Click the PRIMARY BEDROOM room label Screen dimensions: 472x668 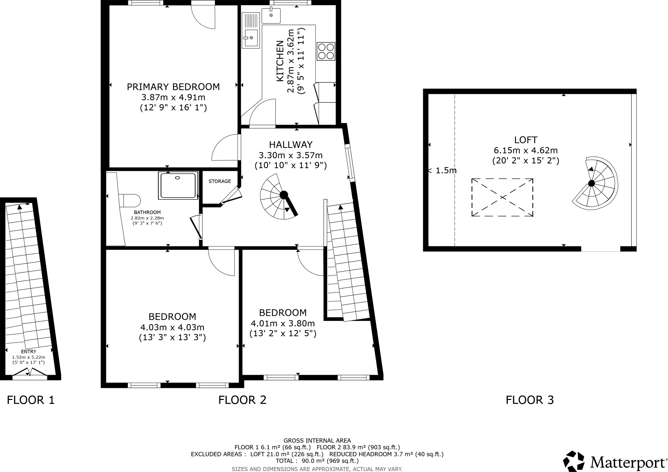pyautogui.click(x=173, y=87)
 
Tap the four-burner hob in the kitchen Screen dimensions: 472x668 pyautogui.click(x=326, y=52)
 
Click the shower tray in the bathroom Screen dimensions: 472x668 pyautogui.click(x=178, y=185)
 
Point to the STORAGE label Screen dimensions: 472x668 pyautogui.click(x=220, y=181)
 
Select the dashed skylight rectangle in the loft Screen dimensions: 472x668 pyautogui.click(x=502, y=197)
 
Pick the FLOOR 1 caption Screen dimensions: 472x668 pyautogui.click(x=31, y=400)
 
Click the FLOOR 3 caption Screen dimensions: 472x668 pyautogui.click(x=530, y=400)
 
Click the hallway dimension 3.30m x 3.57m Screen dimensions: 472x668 pyautogui.click(x=291, y=155)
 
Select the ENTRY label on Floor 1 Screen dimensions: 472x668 pyautogui.click(x=29, y=352)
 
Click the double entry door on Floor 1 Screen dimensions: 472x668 pyautogui.click(x=30, y=372)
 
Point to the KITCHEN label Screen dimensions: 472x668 pyautogui.click(x=280, y=61)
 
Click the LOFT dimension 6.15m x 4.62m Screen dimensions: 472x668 pyautogui.click(x=525, y=150)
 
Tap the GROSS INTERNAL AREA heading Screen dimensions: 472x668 pyautogui.click(x=317, y=440)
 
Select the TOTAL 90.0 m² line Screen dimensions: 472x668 pyautogui.click(x=317, y=461)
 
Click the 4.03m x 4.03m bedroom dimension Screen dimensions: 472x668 pyautogui.click(x=172, y=327)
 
